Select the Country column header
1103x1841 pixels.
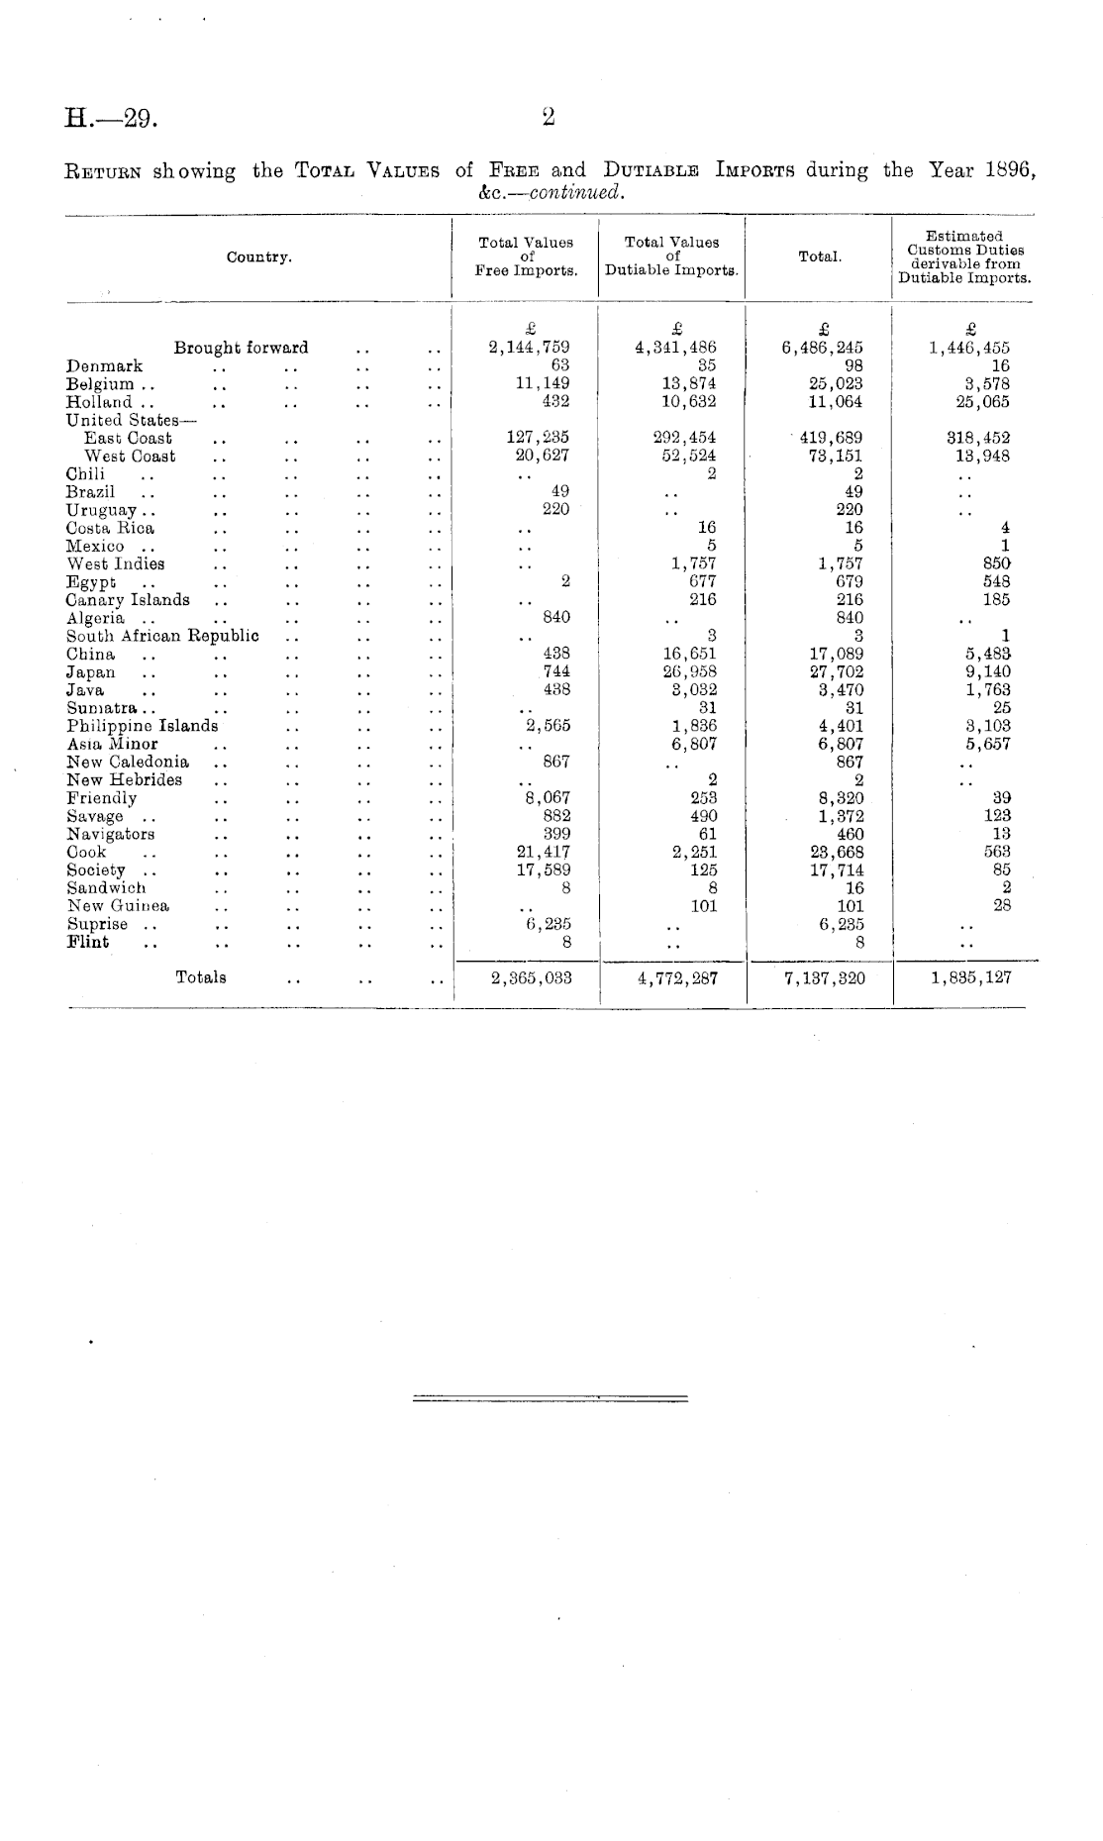pos(258,257)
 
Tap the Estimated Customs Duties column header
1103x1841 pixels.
pos(964,257)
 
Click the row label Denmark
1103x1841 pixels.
pos(104,366)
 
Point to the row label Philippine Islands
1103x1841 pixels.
pos(142,726)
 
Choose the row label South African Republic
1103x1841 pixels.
pos(162,636)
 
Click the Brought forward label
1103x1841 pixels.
pos(241,348)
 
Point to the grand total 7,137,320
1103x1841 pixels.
pos(824,978)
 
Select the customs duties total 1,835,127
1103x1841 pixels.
pos(971,978)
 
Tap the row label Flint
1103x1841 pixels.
pos(88,943)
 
